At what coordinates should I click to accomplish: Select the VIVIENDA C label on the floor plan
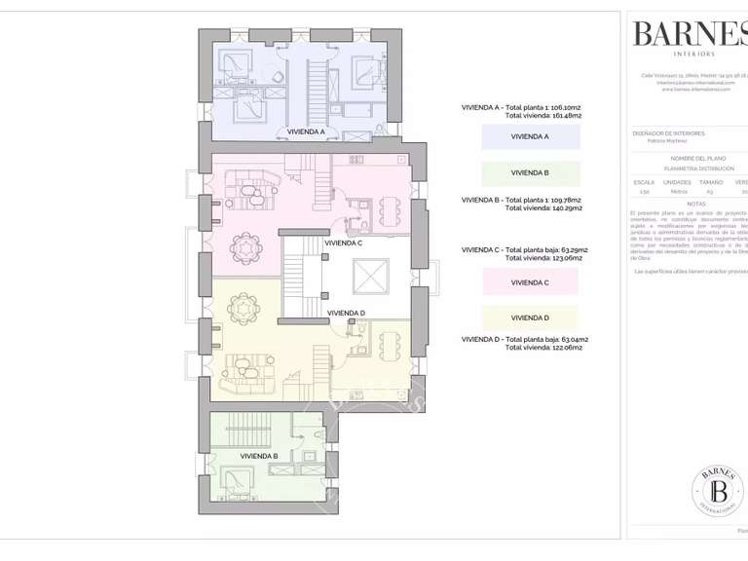click(x=344, y=243)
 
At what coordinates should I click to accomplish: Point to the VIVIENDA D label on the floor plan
click(x=346, y=313)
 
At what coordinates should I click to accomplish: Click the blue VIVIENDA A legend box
click(x=531, y=136)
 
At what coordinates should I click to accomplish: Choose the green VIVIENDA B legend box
click(x=531, y=173)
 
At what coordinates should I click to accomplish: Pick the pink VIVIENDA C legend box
click(x=531, y=282)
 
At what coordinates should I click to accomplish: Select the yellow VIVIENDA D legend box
click(x=531, y=318)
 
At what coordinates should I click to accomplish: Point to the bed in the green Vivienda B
click(x=237, y=478)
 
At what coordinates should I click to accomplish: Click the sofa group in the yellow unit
click(x=246, y=368)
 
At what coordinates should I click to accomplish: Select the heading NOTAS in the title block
click(x=695, y=204)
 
